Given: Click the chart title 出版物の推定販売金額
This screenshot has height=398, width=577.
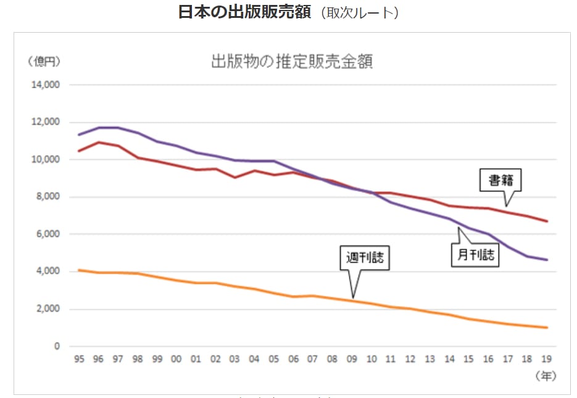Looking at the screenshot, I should click(292, 62).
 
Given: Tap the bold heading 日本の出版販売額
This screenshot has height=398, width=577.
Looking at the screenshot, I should click(244, 12).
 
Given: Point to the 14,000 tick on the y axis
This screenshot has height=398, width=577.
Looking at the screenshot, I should click(45, 85).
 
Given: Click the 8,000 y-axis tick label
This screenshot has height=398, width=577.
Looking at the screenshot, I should click(47, 197).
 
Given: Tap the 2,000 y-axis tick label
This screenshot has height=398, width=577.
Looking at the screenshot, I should click(47, 309).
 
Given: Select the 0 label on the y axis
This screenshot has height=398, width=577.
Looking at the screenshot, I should click(57, 346).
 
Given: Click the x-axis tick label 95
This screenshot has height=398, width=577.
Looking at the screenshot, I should click(78, 359).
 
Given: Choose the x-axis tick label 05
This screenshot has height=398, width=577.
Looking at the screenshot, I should click(273, 359).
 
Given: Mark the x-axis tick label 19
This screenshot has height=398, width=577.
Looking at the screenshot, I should click(546, 359).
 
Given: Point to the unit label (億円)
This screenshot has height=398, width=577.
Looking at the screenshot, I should click(43, 61).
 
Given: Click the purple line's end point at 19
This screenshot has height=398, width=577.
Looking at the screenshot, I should click(546, 260).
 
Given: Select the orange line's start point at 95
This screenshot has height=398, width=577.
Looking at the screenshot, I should click(78, 270).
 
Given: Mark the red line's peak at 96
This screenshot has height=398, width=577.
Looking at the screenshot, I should click(98, 142).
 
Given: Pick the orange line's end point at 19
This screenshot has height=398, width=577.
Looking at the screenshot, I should click(546, 328).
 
